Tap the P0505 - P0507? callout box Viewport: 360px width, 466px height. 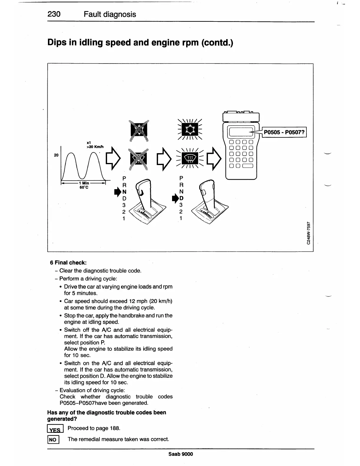click(x=284, y=132)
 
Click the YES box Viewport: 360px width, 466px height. click(x=55, y=430)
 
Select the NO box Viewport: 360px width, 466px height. click(x=53, y=440)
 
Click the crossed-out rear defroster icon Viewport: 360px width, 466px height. click(x=139, y=159)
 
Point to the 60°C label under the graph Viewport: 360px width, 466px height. click(x=84, y=187)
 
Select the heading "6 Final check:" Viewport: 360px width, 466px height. click(x=68, y=262)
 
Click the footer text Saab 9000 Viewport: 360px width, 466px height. click(x=181, y=454)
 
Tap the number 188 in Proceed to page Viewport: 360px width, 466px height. click(x=115, y=428)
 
